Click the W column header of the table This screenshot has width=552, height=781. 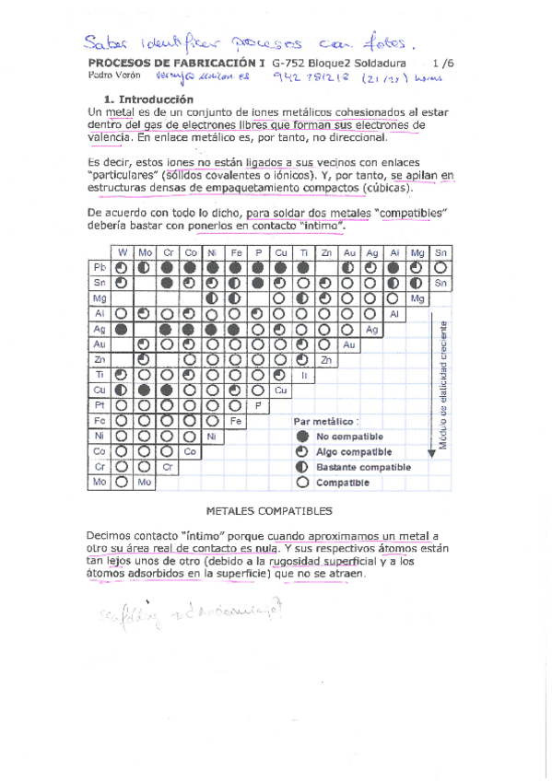[121, 251]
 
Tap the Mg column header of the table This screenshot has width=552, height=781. [417, 251]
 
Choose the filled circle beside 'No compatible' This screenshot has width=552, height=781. [302, 437]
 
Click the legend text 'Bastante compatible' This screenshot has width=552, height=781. [363, 467]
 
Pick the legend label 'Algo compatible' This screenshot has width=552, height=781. [354, 452]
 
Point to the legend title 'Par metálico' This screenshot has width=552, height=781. [322, 421]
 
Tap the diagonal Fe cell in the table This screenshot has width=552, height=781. [236, 420]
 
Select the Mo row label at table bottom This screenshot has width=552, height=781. [99, 482]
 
